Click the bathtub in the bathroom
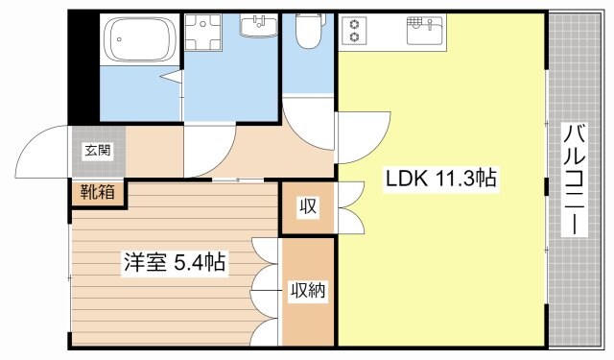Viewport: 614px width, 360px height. (142, 40)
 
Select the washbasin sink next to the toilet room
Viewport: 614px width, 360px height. (256, 25)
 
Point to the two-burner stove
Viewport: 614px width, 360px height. (355, 31)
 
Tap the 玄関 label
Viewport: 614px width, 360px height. (95, 150)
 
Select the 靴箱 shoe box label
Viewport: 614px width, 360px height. (97, 192)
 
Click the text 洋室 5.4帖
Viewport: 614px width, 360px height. (174, 261)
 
